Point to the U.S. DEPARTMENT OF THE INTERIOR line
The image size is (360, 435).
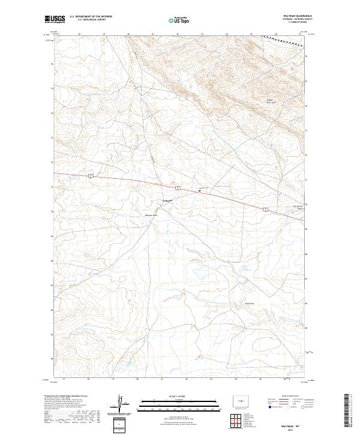[x=91, y=17]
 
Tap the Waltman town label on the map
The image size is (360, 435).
[x=166, y=201]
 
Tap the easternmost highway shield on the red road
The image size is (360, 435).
[x=265, y=209]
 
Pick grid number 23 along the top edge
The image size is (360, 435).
[x=203, y=34]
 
